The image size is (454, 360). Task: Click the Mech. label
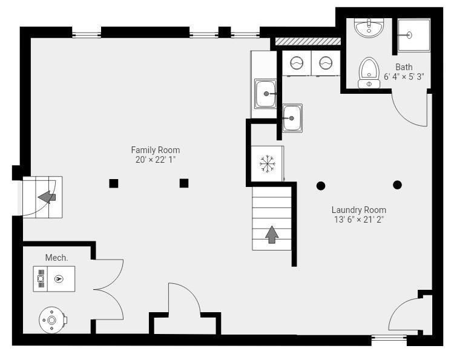point(56,258)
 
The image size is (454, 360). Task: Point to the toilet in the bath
point(369,73)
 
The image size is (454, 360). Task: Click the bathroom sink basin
point(369,28)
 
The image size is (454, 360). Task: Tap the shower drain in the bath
point(409,35)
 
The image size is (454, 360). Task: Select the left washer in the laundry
point(297,63)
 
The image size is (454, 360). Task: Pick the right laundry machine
point(326,63)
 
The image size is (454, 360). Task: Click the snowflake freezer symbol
point(267,164)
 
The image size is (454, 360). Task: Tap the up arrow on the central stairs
point(272,234)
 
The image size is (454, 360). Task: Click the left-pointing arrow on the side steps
point(47,197)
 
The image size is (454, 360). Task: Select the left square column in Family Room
point(114,183)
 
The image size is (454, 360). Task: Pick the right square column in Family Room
point(184,183)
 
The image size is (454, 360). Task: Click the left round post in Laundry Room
point(320,186)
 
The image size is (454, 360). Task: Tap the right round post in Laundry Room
point(397,185)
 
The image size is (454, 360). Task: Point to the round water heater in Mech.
point(52,320)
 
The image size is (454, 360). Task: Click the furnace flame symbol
point(59,279)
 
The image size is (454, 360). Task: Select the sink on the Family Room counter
point(265,94)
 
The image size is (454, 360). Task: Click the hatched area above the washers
point(308,41)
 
